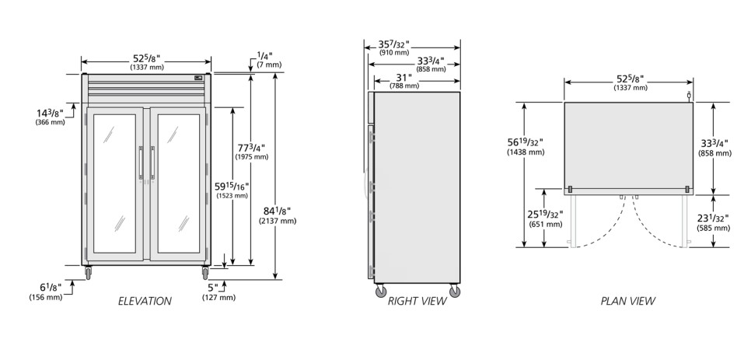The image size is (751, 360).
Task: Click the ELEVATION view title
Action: pos(145,301)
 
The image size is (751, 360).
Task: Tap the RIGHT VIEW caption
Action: pos(417,301)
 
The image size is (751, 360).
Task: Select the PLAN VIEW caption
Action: pos(628,301)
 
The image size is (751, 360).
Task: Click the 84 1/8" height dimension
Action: pos(278,215)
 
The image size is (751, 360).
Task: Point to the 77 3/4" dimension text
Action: pos(252,152)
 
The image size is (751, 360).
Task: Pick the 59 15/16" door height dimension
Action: pos(232,190)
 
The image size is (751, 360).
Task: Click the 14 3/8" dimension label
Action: pos(51,117)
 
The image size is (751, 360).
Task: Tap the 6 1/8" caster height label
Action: pos(46,292)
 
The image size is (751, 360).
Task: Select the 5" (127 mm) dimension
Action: pos(218,292)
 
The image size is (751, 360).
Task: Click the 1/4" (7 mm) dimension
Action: pos(269,60)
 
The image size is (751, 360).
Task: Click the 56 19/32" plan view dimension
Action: pos(526,146)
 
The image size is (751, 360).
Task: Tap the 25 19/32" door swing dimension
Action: pos(546,218)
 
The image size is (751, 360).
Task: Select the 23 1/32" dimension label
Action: pos(713,222)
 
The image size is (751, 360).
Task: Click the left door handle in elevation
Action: pos(141,163)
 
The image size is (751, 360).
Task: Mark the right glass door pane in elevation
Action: pos(179,183)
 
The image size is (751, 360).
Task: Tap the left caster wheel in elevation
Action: pos(88,274)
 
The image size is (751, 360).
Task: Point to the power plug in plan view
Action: pos(689,96)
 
